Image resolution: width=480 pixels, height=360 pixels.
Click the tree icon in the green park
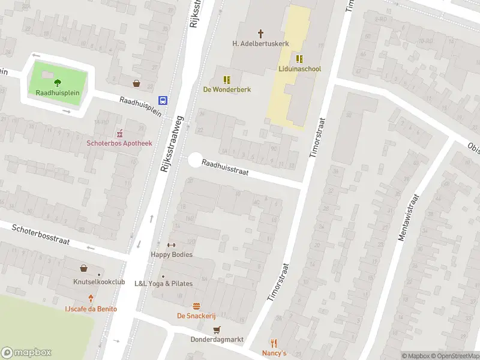pos(58,83)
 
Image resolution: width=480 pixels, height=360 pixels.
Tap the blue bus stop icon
pos(163,100)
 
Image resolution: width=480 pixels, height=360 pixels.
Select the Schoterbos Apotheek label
pos(119,143)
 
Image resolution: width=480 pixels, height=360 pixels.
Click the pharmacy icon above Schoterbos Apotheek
pos(119,133)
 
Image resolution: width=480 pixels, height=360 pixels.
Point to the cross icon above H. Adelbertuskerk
pos(261,34)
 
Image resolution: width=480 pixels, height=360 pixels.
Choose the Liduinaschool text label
pos(299,69)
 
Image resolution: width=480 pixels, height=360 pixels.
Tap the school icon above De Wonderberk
pos(227,79)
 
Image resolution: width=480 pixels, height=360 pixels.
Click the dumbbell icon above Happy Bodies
pos(171,245)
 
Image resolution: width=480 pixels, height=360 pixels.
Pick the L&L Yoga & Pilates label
pos(163,283)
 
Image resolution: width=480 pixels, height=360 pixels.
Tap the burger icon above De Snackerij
pos(196,306)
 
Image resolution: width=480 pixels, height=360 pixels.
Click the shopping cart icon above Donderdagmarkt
pos(217,329)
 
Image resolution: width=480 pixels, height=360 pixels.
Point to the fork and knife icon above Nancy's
pos(274,343)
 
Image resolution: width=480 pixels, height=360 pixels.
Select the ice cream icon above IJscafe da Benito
pos(91,299)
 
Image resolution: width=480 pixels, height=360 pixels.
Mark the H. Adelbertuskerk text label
pos(261,43)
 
